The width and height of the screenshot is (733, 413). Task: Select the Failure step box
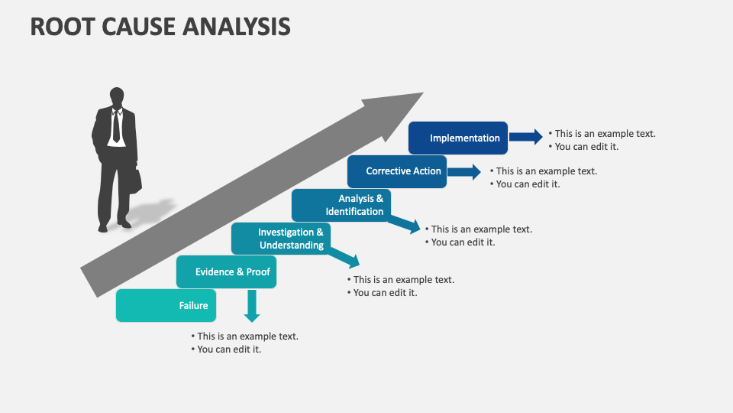[166, 306]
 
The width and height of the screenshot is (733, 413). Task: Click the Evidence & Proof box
[226, 272]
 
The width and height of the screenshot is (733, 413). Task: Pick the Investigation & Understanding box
[281, 239]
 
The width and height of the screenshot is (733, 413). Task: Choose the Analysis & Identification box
[341, 205]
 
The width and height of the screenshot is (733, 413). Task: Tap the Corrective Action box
[396, 171]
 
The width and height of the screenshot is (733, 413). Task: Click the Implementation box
[457, 138]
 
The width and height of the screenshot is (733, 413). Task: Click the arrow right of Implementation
[525, 138]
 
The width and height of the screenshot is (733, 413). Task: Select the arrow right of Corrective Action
[464, 171]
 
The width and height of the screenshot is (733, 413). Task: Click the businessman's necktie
[116, 126]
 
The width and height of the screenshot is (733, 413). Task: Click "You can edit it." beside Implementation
[586, 146]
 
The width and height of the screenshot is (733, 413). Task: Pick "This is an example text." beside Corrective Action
[547, 171]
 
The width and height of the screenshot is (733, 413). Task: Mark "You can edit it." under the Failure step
[229, 350]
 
